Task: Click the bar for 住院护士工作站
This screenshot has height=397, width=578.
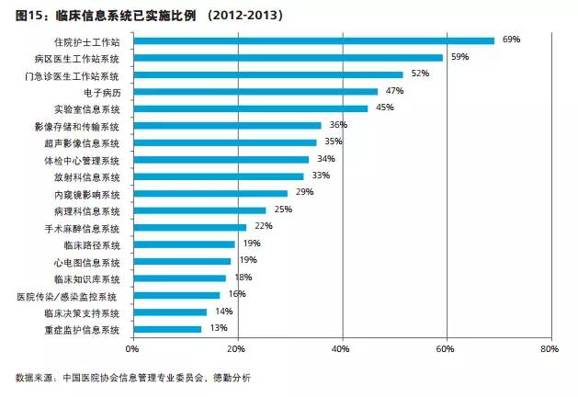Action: (x=313, y=40)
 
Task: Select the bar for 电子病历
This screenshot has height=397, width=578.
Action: (x=255, y=91)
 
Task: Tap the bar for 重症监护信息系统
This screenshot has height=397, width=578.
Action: (x=167, y=329)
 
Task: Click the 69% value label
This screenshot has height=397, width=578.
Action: (x=512, y=40)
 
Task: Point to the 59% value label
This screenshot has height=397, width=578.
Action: (x=460, y=57)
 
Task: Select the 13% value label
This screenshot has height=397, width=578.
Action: (x=219, y=328)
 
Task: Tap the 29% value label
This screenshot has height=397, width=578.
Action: (x=305, y=192)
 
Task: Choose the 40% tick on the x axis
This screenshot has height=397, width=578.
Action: (x=341, y=350)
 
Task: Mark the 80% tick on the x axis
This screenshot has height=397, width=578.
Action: (x=550, y=350)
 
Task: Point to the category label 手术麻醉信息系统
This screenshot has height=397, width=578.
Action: (x=82, y=227)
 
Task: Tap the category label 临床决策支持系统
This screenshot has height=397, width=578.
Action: (x=82, y=312)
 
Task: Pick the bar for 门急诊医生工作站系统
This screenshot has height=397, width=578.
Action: (x=268, y=74)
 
